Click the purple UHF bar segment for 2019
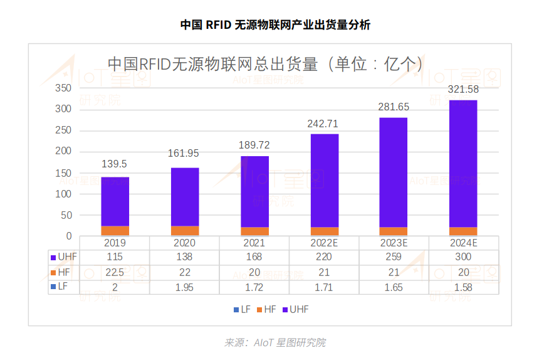pos(115,201)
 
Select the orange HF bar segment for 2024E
pos(463,231)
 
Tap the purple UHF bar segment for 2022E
pos(324,181)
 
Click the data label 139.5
pos(115,164)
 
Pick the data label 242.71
pos(324,124)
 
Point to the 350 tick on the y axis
pos(64,88)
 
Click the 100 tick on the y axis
pos(64,194)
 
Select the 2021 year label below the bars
pos(254,243)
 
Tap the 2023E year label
pos(394,243)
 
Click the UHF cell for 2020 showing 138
pos(184,257)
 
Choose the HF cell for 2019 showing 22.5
pos(115,272)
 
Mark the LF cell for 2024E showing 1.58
pos(463,287)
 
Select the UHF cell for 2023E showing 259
pos(394,257)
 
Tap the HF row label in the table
pos(63,272)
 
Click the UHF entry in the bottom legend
pos(295,310)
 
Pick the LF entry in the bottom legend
pos(244,310)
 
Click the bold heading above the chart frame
pos(274,25)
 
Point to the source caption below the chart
pos(274,342)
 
